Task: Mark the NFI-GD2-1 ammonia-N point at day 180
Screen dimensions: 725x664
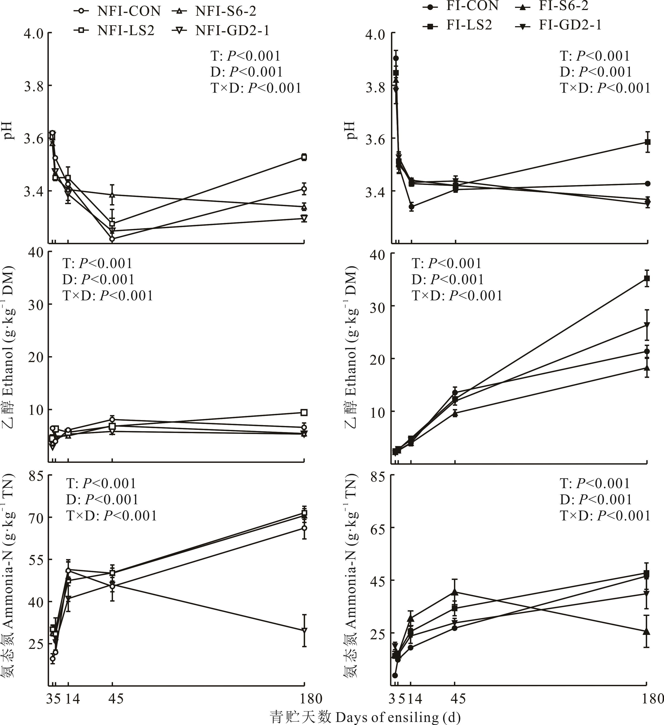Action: click(304, 630)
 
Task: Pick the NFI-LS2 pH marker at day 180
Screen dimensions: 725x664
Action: click(304, 157)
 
